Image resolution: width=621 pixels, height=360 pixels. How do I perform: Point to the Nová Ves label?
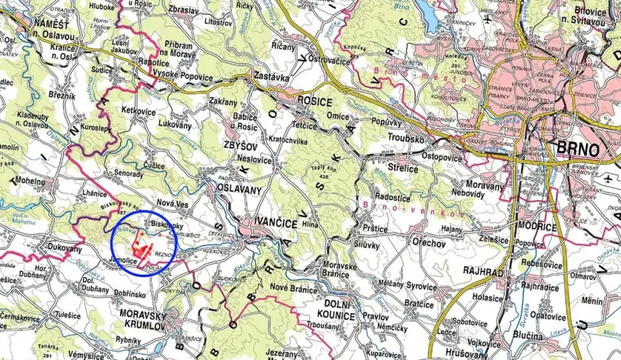point(172,202)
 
